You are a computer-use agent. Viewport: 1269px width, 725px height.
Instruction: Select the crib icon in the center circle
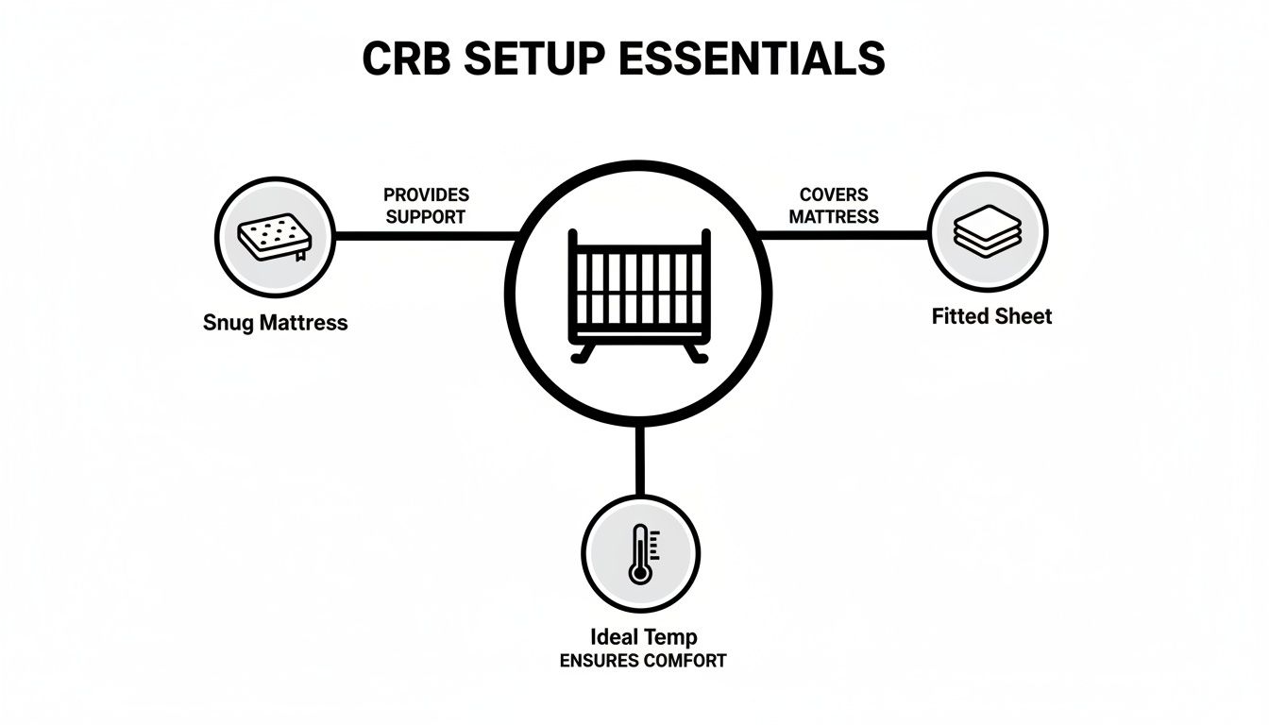[x=639, y=293]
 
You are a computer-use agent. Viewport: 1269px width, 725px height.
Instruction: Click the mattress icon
[x=275, y=237]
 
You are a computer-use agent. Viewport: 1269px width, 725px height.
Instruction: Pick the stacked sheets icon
[x=988, y=231]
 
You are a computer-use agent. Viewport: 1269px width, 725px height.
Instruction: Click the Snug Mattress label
[x=275, y=323]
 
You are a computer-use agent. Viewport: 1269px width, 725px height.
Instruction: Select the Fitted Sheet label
[x=991, y=316]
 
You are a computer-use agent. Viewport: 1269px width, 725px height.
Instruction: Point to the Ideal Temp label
[x=642, y=637]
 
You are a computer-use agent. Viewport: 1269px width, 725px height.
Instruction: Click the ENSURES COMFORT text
[x=642, y=661]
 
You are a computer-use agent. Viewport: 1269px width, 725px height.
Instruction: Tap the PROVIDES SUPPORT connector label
[x=426, y=206]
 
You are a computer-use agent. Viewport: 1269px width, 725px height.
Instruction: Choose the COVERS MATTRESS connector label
[x=834, y=206]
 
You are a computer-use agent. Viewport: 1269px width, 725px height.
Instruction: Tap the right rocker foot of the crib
[x=696, y=355]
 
